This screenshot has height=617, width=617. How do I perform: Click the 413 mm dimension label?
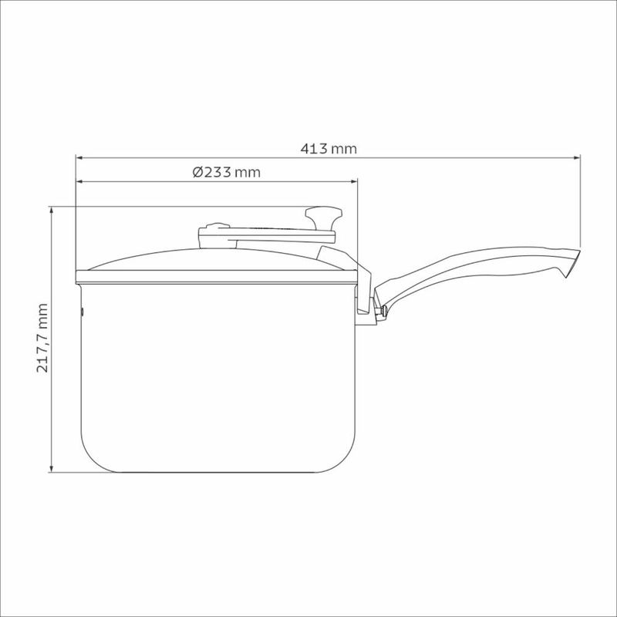(x=329, y=149)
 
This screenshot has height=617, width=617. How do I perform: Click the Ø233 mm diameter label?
(x=226, y=172)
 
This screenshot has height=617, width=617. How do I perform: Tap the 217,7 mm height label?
(x=42, y=338)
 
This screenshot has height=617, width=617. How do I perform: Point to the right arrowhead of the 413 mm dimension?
(x=577, y=158)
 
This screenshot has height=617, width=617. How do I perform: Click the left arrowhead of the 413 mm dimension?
(x=79, y=158)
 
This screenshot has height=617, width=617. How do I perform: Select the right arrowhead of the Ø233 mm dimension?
(x=354, y=181)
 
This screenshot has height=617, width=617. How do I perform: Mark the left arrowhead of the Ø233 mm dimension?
(x=79, y=181)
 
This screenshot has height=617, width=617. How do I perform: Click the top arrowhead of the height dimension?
(x=51, y=210)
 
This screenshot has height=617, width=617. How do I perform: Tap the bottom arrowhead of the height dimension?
(x=51, y=469)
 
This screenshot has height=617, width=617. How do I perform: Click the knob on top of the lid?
(x=323, y=218)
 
